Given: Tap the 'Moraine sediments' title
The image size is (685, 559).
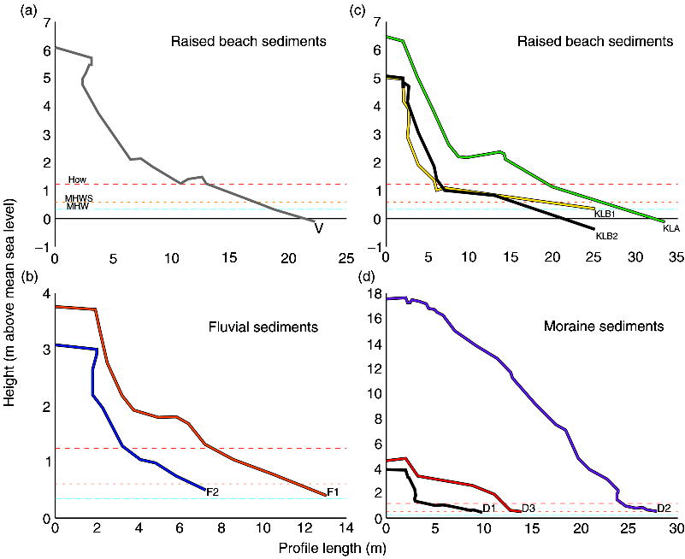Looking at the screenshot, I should [596, 326].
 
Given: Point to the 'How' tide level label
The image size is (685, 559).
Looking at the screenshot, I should [78, 179].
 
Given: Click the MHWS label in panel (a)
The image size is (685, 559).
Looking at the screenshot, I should [78, 198].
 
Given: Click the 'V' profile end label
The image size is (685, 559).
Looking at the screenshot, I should [319, 228].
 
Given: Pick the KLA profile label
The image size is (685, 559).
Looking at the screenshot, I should [671, 229].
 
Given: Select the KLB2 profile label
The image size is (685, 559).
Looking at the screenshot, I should [606, 236].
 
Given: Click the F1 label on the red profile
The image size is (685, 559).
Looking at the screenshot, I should [333, 492].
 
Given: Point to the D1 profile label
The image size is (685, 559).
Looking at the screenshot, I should [490, 509].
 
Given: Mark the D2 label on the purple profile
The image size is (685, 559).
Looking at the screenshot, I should [664, 509].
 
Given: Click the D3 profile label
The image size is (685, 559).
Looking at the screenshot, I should [529, 509].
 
